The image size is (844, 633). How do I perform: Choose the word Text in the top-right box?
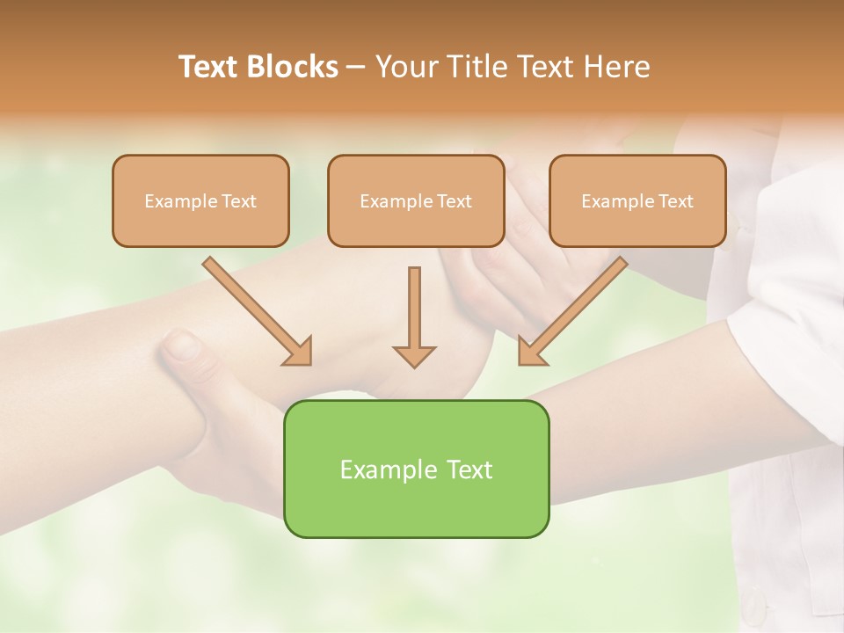point(676,201)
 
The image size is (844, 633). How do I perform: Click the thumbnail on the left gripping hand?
point(183,345)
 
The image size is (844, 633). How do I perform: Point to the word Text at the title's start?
point(209,67)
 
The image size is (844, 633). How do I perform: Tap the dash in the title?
point(356,68)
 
